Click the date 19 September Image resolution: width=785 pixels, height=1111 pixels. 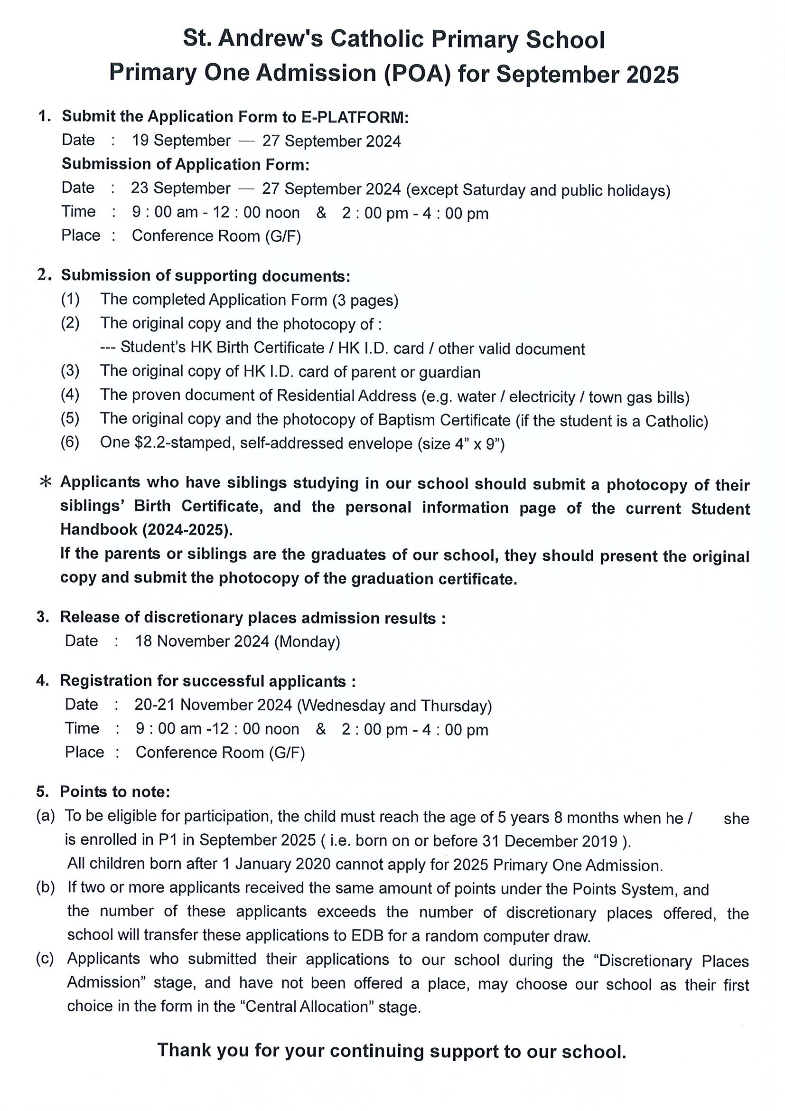pyautogui.click(x=181, y=141)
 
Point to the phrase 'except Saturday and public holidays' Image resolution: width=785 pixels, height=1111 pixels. pyautogui.click(x=538, y=190)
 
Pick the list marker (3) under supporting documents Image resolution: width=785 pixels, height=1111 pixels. pyautogui.click(x=70, y=371)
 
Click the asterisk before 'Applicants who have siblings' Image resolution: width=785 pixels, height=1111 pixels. pyautogui.click(x=45, y=482)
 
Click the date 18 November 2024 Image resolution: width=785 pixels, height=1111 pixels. pyautogui.click(x=202, y=641)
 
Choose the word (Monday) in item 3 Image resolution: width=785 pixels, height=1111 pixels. pyautogui.click(x=307, y=642)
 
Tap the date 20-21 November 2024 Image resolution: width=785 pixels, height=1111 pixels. pyautogui.click(x=213, y=705)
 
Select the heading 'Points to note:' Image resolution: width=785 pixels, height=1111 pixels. pyautogui.click(x=115, y=792)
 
